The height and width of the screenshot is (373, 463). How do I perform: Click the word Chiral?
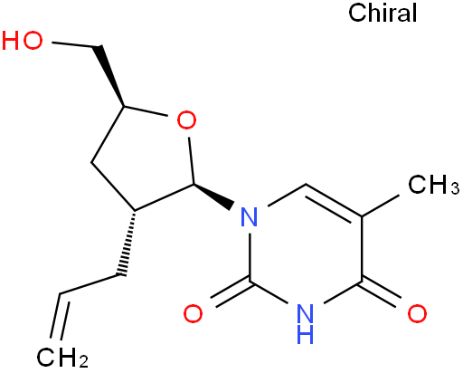[x=383, y=13]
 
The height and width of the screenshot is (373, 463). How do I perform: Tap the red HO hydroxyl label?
[x=22, y=40]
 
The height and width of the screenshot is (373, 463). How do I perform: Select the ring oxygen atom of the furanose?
[x=186, y=120]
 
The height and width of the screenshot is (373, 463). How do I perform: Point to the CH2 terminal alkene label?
[x=62, y=358]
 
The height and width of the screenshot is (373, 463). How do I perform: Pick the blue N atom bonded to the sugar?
[x=250, y=216]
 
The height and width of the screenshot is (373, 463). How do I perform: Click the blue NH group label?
[x=305, y=323]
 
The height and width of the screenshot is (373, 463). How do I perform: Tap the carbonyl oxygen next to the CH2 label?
[x=193, y=313]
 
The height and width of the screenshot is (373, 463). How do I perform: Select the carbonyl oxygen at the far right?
[x=417, y=313]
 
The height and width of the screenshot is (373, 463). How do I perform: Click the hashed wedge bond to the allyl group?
[x=128, y=243]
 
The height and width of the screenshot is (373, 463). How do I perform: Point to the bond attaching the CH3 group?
[x=381, y=206]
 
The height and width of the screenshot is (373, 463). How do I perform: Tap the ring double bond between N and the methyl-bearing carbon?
[x=334, y=200]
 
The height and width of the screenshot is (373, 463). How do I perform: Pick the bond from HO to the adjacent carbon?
[x=76, y=44]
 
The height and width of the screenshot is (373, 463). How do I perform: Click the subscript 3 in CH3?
[x=455, y=188]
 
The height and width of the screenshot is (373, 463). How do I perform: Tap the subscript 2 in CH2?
[x=83, y=361]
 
